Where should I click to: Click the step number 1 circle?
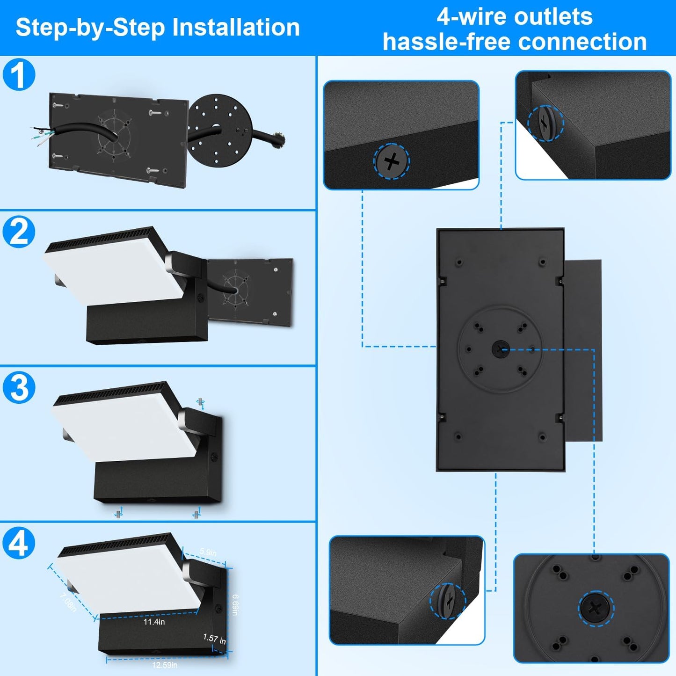[x=19, y=74]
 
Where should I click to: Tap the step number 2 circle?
[x=19, y=232]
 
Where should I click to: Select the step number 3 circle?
[x=19, y=387]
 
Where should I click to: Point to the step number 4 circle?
[x=19, y=543]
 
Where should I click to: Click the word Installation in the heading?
[x=236, y=27]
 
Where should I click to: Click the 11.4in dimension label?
[x=154, y=622]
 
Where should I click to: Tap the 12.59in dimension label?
[x=165, y=665]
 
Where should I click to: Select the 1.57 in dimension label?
[x=214, y=639]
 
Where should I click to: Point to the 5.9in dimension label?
[x=208, y=552]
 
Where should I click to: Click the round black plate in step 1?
[x=220, y=129]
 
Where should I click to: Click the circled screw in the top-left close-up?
[x=392, y=161]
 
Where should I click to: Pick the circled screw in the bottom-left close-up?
[x=448, y=601]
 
